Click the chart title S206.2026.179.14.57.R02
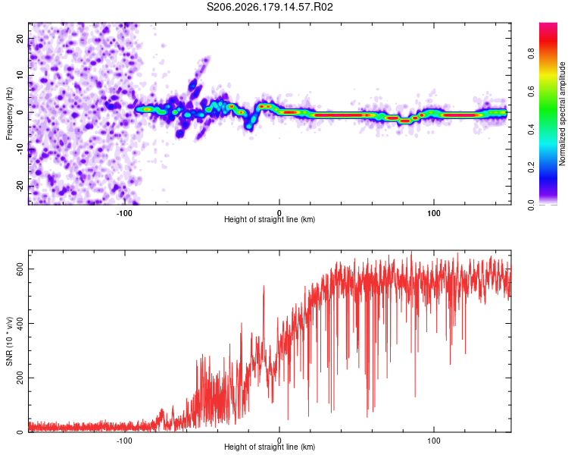270,7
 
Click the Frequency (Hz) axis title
9,114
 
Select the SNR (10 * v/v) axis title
9,341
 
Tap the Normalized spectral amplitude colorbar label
562,114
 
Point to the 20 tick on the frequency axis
20,38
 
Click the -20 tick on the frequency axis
20,186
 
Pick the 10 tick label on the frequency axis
20,75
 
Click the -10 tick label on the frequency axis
20,149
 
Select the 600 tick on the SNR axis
20,269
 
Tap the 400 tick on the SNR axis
20,323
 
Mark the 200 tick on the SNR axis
20,378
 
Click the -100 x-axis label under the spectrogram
124,213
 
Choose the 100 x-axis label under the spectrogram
434,213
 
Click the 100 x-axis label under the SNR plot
434,441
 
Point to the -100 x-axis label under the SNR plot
124,441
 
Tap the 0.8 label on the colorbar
531,54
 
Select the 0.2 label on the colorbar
531,168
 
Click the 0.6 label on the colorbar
531,92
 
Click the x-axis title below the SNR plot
270,447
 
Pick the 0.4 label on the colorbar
531,129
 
